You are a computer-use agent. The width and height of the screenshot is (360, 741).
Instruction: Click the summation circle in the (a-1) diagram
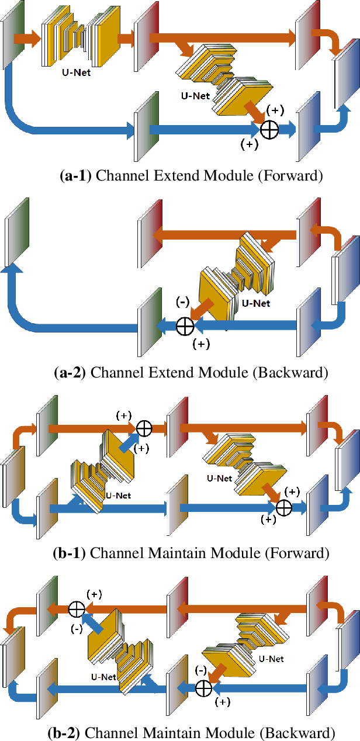coord(269,130)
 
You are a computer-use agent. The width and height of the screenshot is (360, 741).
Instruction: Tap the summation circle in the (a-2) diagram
coord(185,325)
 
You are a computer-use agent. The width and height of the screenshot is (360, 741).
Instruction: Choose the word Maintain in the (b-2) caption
coord(193,732)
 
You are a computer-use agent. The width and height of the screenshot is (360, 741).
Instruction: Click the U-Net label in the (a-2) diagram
coord(255,303)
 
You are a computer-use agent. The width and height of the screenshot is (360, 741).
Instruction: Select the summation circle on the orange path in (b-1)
coord(144,428)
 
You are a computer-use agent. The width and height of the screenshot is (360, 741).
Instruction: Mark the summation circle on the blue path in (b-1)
coord(283,507)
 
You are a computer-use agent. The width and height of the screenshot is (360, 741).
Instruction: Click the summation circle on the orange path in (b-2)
coord(76,609)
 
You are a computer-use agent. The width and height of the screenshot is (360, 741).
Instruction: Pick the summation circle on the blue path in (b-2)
coord(203,688)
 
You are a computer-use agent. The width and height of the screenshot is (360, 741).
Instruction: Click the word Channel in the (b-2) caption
coord(115,732)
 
